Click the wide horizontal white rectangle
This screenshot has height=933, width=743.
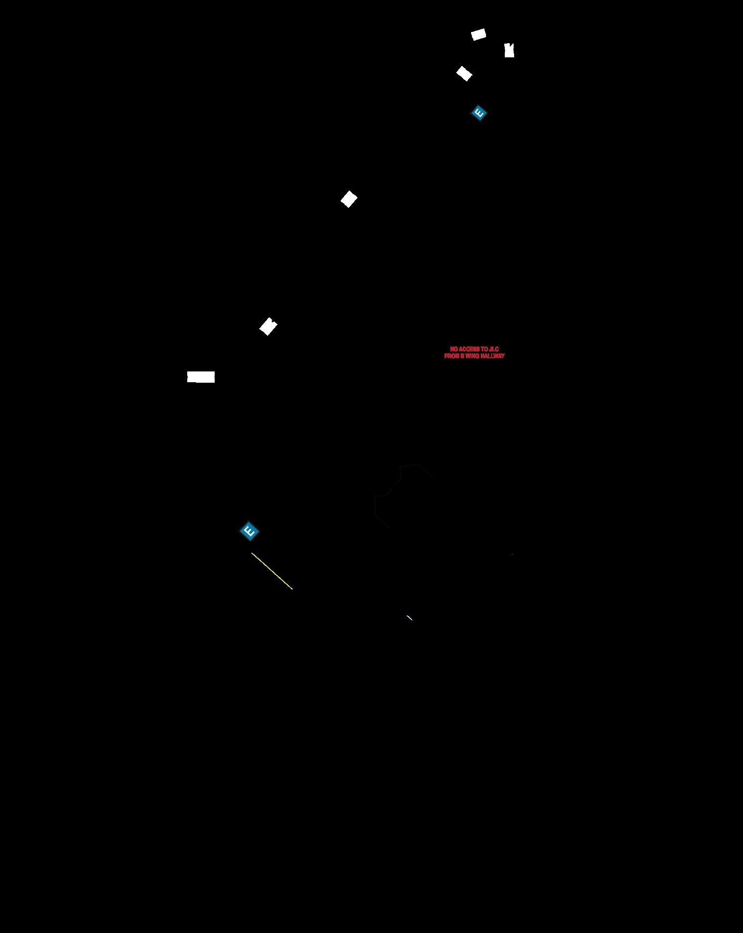click(201, 377)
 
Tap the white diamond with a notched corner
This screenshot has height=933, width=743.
click(268, 326)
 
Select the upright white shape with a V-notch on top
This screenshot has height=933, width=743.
click(509, 50)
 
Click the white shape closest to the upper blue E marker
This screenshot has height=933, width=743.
click(464, 74)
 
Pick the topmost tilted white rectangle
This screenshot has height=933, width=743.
click(478, 34)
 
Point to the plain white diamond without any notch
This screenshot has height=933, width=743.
click(349, 199)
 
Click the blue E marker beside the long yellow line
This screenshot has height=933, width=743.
click(249, 531)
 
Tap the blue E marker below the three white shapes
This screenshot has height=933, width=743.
click(479, 113)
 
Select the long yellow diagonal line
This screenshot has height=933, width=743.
click(272, 571)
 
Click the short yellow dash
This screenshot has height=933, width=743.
click(409, 617)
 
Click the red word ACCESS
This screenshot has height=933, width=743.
click(469, 349)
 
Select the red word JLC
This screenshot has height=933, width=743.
click(494, 349)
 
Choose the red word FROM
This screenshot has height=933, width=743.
click(451, 356)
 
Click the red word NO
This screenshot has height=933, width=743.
click(453, 349)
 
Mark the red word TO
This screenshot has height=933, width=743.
click(484, 349)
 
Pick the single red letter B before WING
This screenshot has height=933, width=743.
click(462, 356)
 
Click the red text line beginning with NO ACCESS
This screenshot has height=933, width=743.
click(474, 349)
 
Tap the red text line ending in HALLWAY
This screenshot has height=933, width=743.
click(474, 356)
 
